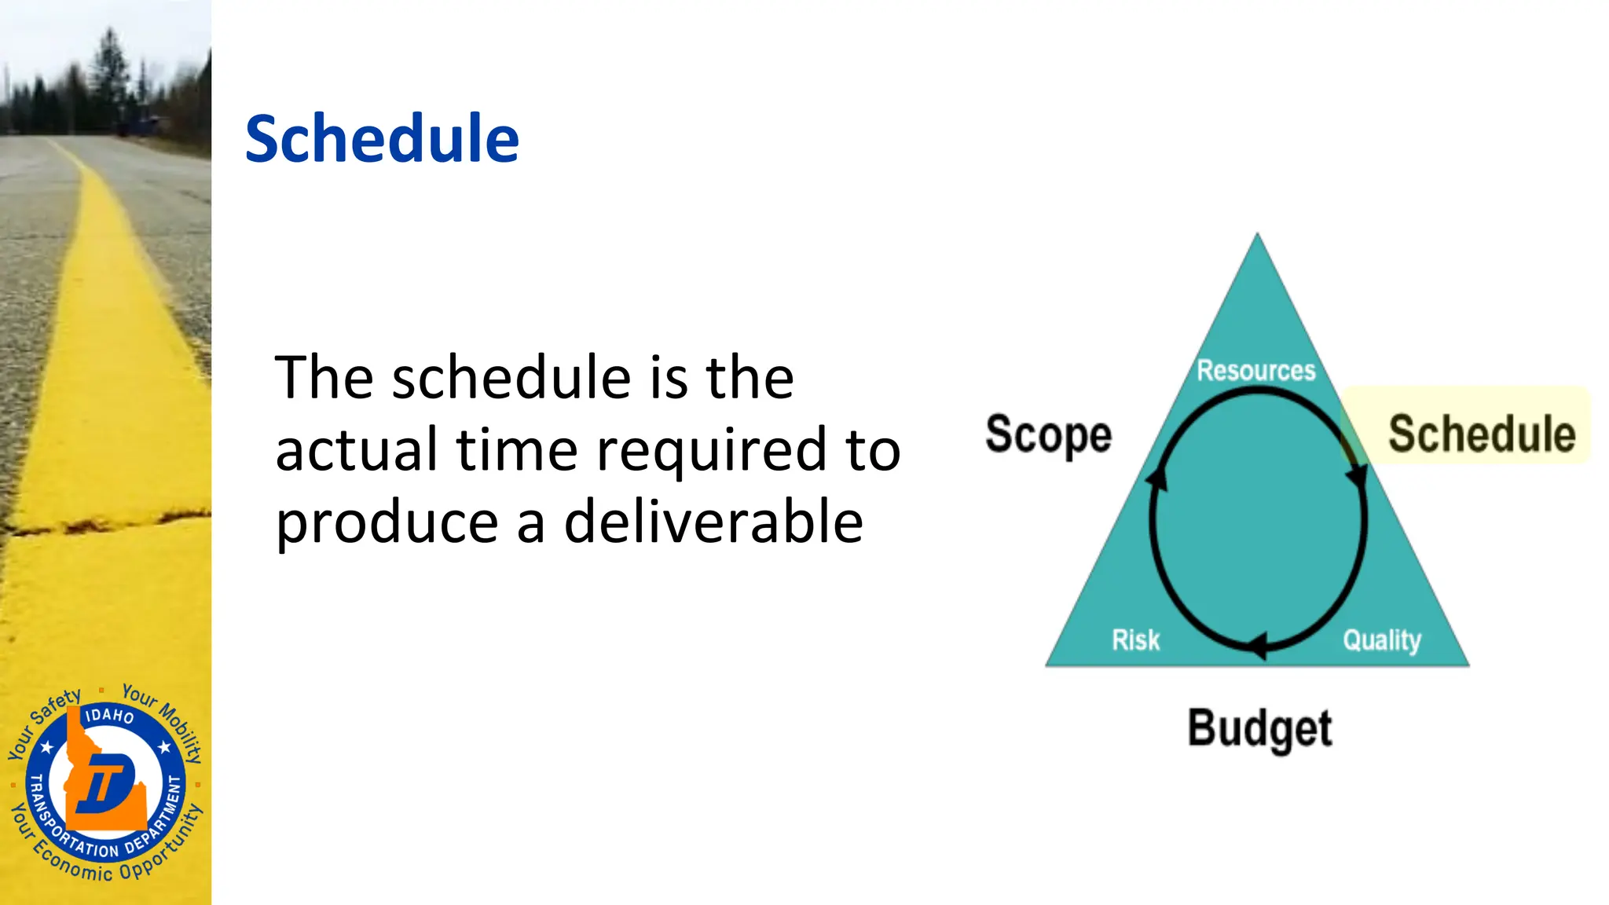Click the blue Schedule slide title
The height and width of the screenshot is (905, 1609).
(382, 139)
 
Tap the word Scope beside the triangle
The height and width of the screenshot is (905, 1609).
(1049, 434)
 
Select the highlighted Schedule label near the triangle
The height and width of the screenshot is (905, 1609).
(1482, 434)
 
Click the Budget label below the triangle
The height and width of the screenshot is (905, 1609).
(1259, 729)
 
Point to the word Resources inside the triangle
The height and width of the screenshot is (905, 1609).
(1255, 370)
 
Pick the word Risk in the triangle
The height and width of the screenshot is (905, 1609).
(1135, 639)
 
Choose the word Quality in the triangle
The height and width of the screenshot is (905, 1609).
(1382, 640)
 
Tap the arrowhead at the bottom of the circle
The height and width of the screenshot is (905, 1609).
(1257, 646)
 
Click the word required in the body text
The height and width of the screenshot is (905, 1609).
(712, 450)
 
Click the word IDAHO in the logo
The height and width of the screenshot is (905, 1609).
(109, 715)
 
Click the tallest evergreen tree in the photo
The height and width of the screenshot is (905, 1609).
(108, 71)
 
